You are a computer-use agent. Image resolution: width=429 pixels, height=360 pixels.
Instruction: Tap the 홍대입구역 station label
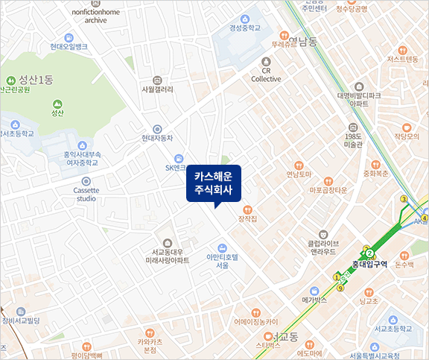click(x=369, y=264)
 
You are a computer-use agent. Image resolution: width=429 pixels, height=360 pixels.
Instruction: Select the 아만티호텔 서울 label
click(x=222, y=260)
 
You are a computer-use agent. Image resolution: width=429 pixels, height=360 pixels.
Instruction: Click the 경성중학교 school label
click(x=245, y=27)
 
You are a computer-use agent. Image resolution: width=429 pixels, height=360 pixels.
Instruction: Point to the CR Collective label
click(x=266, y=74)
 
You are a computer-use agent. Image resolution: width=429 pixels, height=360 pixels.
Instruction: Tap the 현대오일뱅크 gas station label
click(x=69, y=46)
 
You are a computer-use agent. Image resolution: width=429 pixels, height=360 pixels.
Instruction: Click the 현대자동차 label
click(x=156, y=138)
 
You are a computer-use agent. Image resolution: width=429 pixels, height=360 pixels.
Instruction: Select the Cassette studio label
click(x=86, y=194)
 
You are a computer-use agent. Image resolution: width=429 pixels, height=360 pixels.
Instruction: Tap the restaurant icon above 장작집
click(x=247, y=208)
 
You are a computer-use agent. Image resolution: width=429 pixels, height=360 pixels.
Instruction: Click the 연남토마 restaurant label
click(x=299, y=175)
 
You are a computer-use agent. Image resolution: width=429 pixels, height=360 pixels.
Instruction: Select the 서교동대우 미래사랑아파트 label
click(x=165, y=256)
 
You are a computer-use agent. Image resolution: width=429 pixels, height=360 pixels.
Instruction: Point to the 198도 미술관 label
click(x=353, y=140)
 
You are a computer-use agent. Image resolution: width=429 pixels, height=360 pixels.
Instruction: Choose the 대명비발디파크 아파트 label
click(x=359, y=99)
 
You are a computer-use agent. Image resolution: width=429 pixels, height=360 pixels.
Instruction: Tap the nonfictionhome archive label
click(x=95, y=17)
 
